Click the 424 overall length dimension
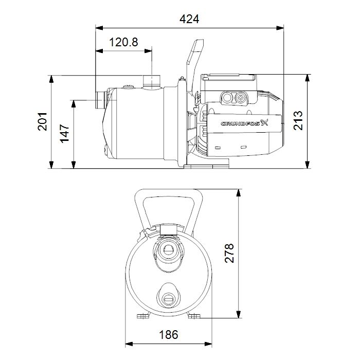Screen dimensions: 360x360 click(189, 19)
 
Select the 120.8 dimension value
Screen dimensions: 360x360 click(123, 43)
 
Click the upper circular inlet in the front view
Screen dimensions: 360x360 click(168, 250)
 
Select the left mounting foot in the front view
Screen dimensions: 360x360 click(142, 316)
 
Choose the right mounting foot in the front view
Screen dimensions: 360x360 click(194, 316)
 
